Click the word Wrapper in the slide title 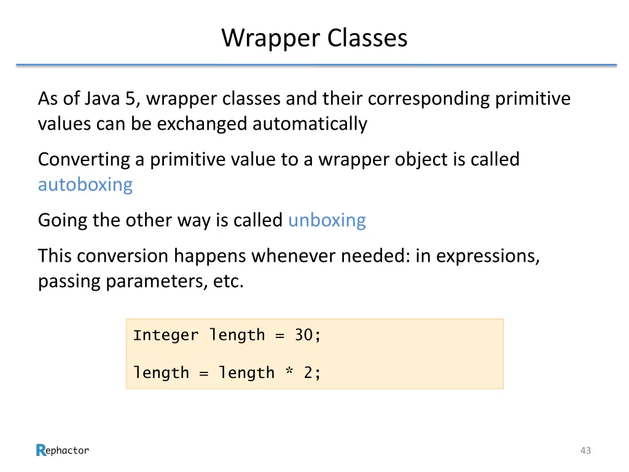pyautogui.click(x=272, y=38)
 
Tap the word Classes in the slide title pyautogui.click(x=367, y=38)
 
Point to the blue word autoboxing pyautogui.click(x=85, y=184)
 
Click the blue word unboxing pyautogui.click(x=327, y=220)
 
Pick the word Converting pyautogui.click(x=85, y=160)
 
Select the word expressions pyautogui.click(x=488, y=256)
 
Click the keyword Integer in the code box pyautogui.click(x=166, y=336)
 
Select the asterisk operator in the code pyautogui.click(x=289, y=373)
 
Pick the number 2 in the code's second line pyautogui.click(x=308, y=373)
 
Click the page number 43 pyautogui.click(x=585, y=450)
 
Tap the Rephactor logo pyautogui.click(x=63, y=450)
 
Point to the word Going pyautogui.click(x=63, y=220)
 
